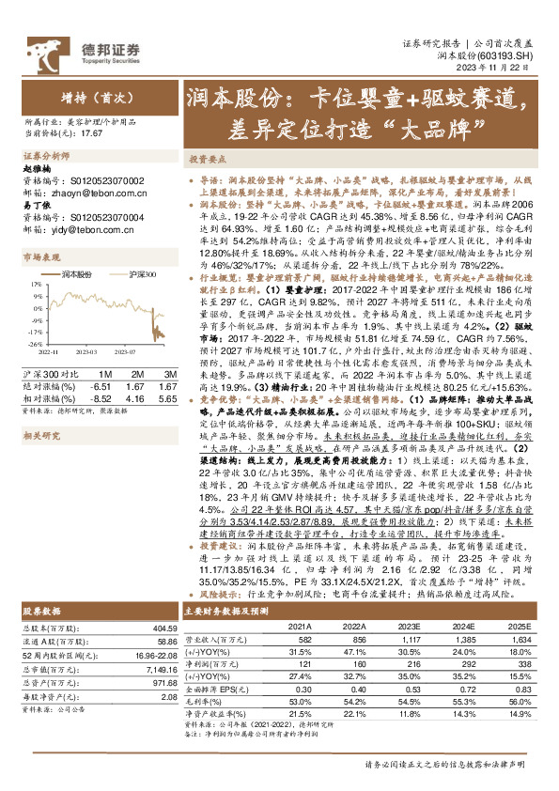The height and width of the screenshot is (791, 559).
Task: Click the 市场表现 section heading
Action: pos(40,256)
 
